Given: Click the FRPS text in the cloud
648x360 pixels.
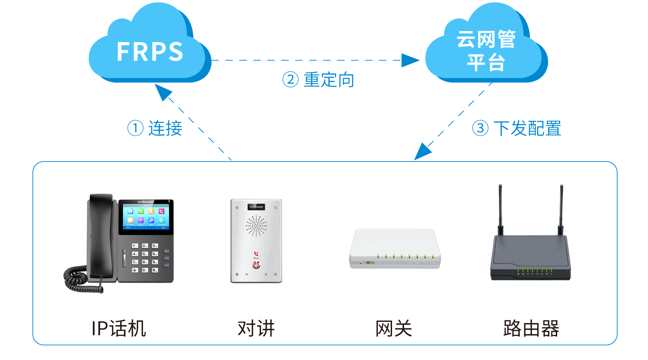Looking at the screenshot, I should pos(150,52).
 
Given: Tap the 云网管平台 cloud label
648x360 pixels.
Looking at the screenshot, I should pos(486,50).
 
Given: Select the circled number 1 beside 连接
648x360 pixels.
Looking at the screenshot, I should pos(135,128).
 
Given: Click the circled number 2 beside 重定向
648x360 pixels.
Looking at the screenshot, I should pos(290,80).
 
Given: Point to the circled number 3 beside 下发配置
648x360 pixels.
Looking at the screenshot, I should pos(480,128).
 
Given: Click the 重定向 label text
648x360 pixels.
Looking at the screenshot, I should pos(329,80).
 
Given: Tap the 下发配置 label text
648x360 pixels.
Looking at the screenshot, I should pos(527,128).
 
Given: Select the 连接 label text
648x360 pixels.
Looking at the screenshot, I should pos(165,128).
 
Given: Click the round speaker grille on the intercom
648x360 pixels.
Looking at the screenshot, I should pos(256,226).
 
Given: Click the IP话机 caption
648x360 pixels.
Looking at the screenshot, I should pos(118,328).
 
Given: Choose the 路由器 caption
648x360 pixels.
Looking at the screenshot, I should pos(531,328).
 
